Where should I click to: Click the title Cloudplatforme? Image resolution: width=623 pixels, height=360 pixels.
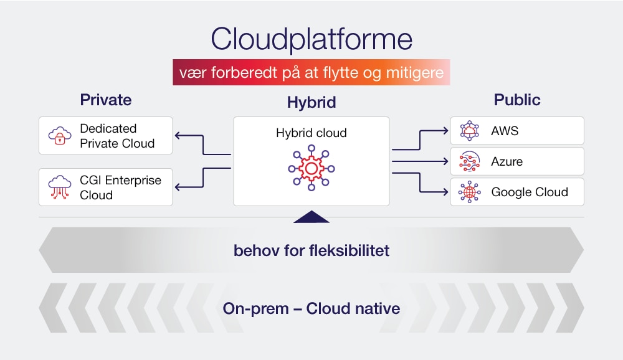click(x=311, y=40)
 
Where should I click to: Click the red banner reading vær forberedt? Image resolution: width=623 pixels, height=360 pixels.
click(x=311, y=73)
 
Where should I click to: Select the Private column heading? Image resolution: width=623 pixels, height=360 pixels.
click(x=105, y=100)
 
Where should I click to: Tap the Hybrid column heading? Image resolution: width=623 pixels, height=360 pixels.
click(x=311, y=103)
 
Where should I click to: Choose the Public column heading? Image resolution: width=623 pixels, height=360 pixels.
click(x=517, y=100)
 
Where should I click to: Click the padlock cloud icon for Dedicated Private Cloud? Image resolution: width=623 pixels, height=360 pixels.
click(x=60, y=136)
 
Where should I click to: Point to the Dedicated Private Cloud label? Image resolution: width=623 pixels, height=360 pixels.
click(x=117, y=136)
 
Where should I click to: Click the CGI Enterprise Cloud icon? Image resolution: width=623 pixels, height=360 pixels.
click(x=60, y=187)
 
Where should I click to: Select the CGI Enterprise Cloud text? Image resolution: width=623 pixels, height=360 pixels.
click(x=120, y=187)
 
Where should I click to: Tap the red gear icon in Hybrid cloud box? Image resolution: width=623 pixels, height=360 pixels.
click(x=311, y=168)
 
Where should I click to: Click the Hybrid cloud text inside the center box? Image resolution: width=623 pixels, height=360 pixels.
click(x=311, y=133)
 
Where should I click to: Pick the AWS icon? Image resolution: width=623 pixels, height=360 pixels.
click(x=469, y=131)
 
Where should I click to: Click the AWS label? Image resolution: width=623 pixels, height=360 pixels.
click(x=505, y=131)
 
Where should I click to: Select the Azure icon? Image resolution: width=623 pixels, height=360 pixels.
click(x=469, y=161)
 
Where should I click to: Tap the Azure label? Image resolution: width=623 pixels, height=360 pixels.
click(x=506, y=161)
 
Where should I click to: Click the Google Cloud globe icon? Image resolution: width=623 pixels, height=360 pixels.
click(x=469, y=192)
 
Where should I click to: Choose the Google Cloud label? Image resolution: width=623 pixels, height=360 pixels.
click(x=530, y=192)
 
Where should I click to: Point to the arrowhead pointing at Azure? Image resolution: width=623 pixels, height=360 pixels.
click(x=444, y=161)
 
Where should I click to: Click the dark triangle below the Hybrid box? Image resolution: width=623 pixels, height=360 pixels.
click(x=311, y=217)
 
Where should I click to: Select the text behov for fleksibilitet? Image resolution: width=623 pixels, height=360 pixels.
click(x=311, y=250)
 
